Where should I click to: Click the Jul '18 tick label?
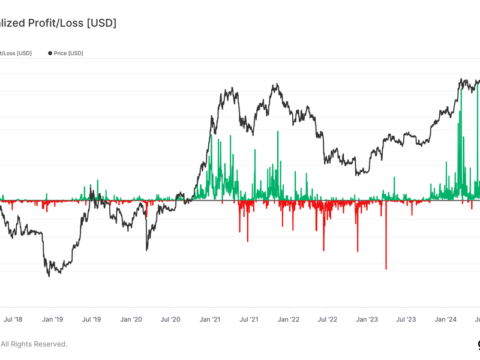click(13, 320)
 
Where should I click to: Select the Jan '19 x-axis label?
click(52, 320)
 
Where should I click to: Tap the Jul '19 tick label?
click(91, 320)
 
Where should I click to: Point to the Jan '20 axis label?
click(131, 320)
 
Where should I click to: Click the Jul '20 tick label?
click(171, 320)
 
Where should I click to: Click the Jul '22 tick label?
click(328, 320)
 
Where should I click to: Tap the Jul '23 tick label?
click(407, 320)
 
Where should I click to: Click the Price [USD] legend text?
click(68, 53)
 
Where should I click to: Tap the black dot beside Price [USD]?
click(50, 53)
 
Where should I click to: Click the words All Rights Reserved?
click(34, 344)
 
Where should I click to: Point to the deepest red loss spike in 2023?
click(386, 268)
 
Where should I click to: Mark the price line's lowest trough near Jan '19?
click(49, 275)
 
